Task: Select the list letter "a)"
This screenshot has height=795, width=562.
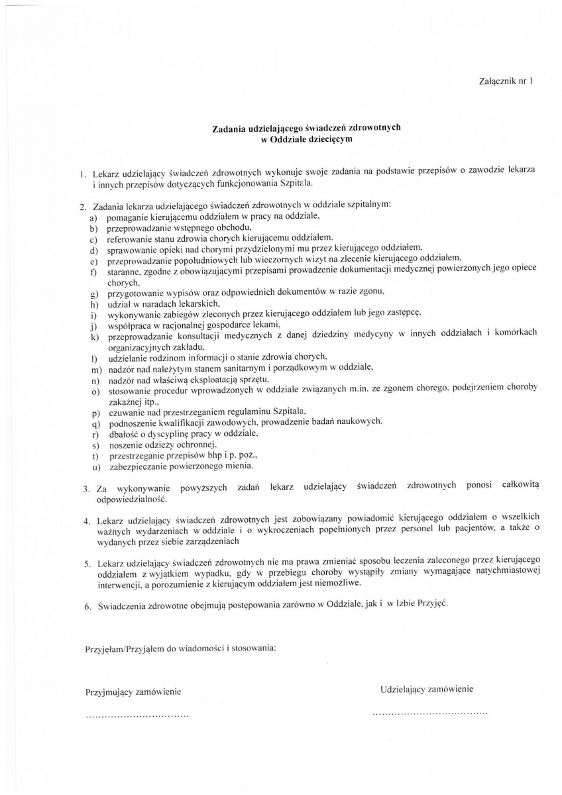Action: click(x=93, y=217)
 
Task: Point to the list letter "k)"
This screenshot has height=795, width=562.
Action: click(x=93, y=337)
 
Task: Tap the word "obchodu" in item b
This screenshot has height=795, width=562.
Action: click(x=213, y=227)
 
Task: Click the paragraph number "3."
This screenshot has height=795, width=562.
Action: click(x=87, y=490)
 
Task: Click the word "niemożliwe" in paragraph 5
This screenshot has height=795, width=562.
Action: click(x=338, y=584)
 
